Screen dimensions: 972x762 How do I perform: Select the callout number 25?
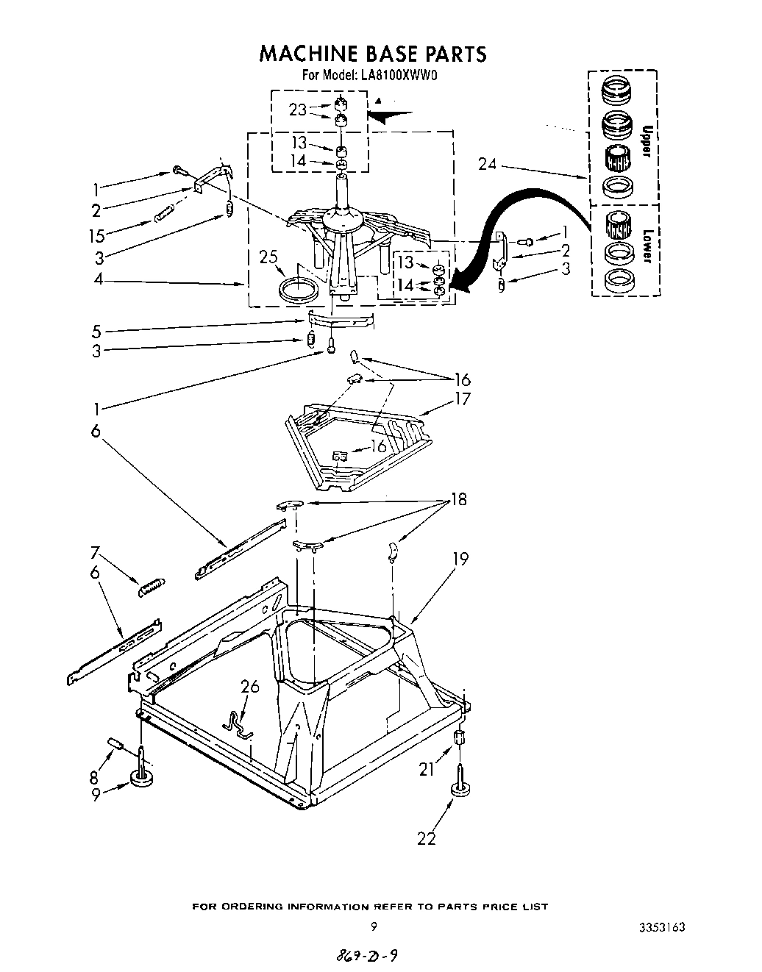[269, 258]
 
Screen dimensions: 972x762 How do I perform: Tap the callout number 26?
[251, 687]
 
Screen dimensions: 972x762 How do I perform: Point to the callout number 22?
[426, 837]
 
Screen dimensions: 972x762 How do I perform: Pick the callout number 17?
[463, 399]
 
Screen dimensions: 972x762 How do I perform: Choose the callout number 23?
[297, 110]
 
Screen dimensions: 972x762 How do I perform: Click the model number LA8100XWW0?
[399, 74]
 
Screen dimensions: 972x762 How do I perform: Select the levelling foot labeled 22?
[461, 789]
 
